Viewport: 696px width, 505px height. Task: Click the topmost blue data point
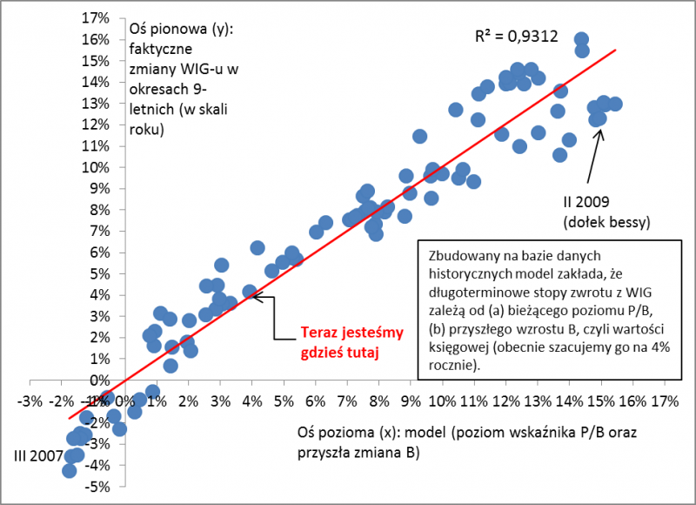pos(581,40)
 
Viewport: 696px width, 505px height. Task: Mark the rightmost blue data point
pos(615,104)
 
